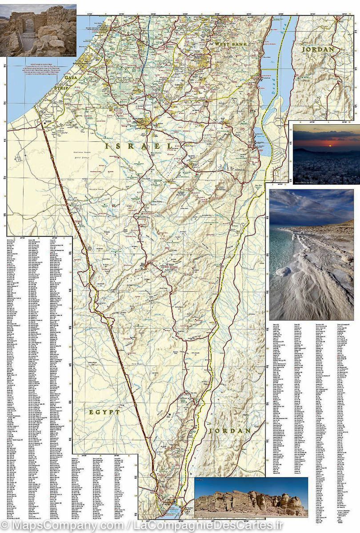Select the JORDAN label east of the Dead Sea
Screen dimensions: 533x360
(318, 49)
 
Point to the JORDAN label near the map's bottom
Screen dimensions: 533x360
(230, 431)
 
